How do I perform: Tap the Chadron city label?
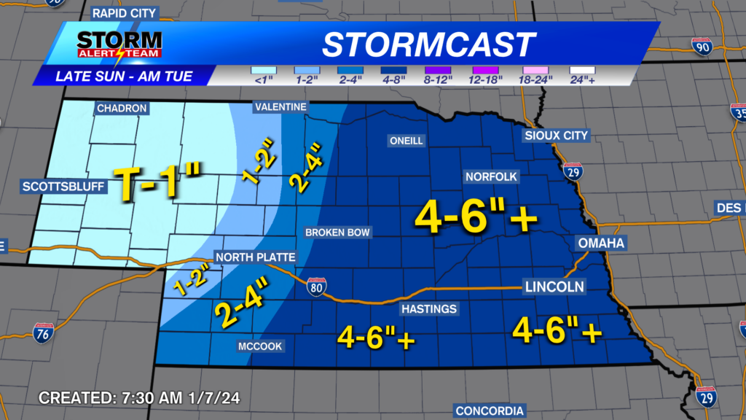(x=122, y=109)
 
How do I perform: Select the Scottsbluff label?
(x=64, y=187)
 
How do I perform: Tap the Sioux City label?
(x=556, y=136)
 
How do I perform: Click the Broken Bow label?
(x=338, y=233)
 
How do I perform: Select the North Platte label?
(x=255, y=257)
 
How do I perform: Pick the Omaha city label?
(x=601, y=243)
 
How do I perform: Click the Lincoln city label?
(x=554, y=287)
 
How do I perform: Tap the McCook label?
(x=261, y=346)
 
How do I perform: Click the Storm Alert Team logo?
(x=119, y=44)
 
